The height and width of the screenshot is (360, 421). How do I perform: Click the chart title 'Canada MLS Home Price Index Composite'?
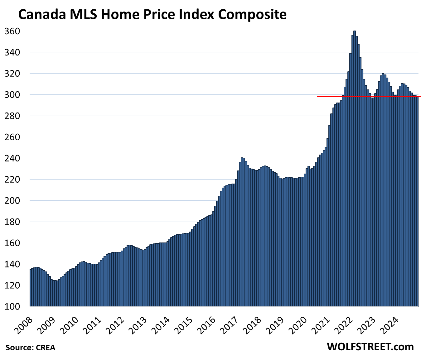(x=152, y=14)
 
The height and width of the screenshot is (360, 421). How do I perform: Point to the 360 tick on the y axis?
(x=12, y=31)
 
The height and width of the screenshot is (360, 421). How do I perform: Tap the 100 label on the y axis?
(x=12, y=306)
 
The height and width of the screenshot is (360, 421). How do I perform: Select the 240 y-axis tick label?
(x=12, y=158)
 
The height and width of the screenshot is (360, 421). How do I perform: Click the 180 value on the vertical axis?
(x=12, y=222)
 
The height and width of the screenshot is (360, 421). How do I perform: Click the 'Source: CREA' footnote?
(x=30, y=348)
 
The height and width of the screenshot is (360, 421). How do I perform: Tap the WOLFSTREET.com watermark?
(x=370, y=347)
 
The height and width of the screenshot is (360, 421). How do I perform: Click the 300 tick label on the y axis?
(x=12, y=95)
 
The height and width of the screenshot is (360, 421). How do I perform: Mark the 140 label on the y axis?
(x=12, y=264)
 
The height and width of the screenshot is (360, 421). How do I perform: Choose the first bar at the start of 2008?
(x=31, y=287)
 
